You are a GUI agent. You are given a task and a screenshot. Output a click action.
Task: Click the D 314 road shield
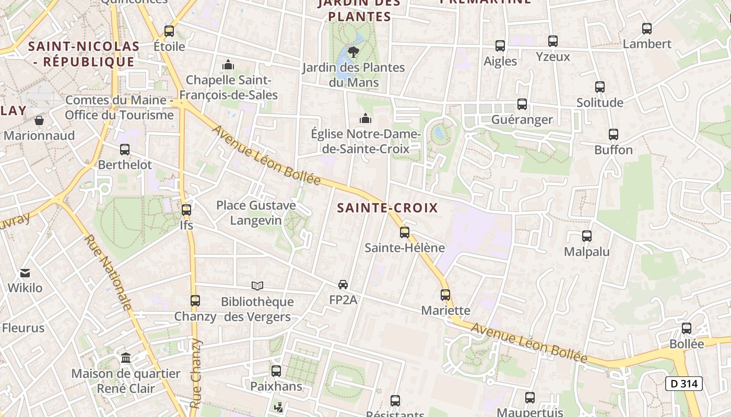pos(683,384)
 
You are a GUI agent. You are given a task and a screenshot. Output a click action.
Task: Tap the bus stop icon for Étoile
pos(169,31)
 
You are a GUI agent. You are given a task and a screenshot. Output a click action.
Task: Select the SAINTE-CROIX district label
pos(387,208)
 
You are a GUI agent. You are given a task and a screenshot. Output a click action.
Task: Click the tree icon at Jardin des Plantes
pos(353,52)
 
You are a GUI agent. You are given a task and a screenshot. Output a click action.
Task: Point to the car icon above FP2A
pos(343,285)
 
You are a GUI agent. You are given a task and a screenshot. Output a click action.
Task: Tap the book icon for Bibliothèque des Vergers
pos(257,286)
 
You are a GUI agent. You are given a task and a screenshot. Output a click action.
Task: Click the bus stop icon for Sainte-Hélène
pos(405,232)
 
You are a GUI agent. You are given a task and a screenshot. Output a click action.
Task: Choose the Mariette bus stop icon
pos(445,295)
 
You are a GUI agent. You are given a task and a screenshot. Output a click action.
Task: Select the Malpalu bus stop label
pos(587,252)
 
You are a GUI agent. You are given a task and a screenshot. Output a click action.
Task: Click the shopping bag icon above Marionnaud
pos(39,120)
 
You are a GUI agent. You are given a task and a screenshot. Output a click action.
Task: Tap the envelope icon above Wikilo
pos(25,273)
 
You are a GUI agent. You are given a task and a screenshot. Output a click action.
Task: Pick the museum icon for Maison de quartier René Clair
pos(126,358)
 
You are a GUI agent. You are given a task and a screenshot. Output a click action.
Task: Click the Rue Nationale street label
pos(108,273)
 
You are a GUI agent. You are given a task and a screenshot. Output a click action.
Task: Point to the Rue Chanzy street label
pos(195,373)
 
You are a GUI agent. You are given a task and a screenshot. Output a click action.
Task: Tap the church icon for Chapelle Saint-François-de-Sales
pos(228,65)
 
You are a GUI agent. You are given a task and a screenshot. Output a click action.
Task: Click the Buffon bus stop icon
pos(614,134)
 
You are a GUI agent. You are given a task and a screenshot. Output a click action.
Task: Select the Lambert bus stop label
pos(647,44)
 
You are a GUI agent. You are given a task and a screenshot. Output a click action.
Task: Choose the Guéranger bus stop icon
pos(522,104)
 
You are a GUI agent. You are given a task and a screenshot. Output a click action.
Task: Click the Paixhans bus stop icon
pos(276,371)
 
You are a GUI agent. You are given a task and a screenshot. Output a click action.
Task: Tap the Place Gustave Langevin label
pos(256,213)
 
